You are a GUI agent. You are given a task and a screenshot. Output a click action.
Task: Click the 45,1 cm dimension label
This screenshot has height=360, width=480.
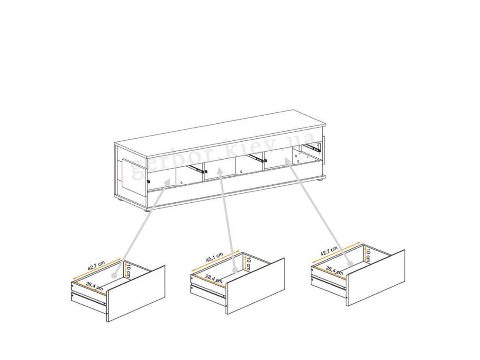pyautogui.click(x=214, y=257)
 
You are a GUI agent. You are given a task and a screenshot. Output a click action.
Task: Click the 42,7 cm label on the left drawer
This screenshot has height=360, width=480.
pyautogui.click(x=96, y=266)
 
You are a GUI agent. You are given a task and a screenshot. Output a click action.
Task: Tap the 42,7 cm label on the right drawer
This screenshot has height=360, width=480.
pyautogui.click(x=329, y=251)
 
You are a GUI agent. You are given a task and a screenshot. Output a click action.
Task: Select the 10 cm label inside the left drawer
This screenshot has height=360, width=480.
pyautogui.click(x=128, y=271)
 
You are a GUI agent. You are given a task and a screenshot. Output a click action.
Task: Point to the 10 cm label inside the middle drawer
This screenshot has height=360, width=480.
pyautogui.click(x=248, y=263)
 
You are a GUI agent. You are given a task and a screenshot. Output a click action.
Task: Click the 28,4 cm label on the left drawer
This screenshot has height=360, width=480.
pyautogui.click(x=94, y=286)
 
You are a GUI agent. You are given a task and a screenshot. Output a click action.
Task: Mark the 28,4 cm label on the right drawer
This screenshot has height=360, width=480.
pyautogui.click(x=334, y=271)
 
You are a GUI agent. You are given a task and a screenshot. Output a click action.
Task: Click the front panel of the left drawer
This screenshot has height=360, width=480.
pyautogui.click(x=136, y=294)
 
